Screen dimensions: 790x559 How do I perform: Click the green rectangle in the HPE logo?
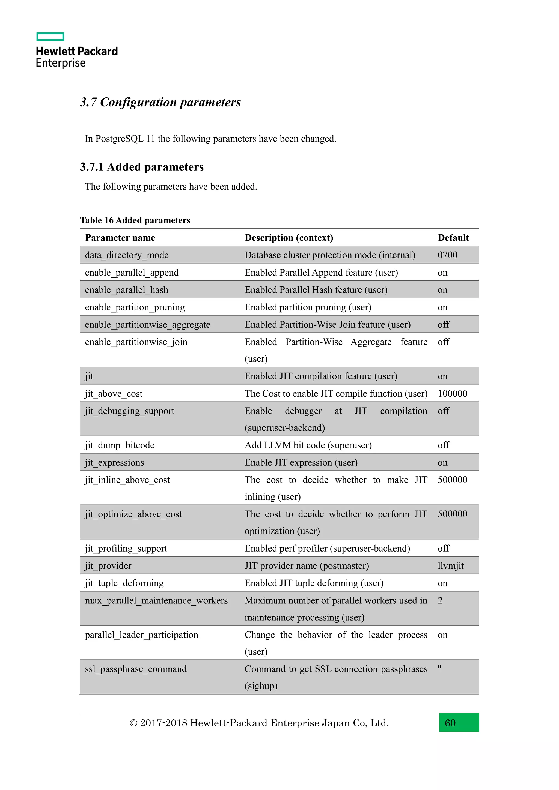click(x=50, y=37)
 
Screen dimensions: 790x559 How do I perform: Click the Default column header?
click(x=453, y=238)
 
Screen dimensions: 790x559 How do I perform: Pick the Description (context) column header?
click(x=289, y=238)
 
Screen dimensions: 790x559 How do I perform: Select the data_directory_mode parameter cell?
click(x=127, y=255)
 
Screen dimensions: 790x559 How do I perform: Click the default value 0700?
click(x=447, y=255)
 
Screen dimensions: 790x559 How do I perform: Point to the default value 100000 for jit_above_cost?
click(x=452, y=394)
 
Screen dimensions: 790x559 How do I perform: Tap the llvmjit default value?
click(x=451, y=566)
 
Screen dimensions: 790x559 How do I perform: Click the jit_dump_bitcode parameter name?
click(x=120, y=445)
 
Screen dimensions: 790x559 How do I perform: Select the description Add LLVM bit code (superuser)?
click(x=308, y=445)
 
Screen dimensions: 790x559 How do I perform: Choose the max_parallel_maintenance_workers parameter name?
click(x=156, y=601)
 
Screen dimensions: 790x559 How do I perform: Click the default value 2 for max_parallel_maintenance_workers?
click(x=440, y=601)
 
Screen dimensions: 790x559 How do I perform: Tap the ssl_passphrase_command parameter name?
click(x=136, y=669)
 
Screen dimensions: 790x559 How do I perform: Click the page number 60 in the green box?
click(x=450, y=723)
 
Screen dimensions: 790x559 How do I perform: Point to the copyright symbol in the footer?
click(x=133, y=723)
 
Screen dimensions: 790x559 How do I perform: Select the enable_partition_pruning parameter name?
click(x=135, y=307)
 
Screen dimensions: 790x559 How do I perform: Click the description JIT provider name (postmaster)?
click(x=307, y=566)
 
